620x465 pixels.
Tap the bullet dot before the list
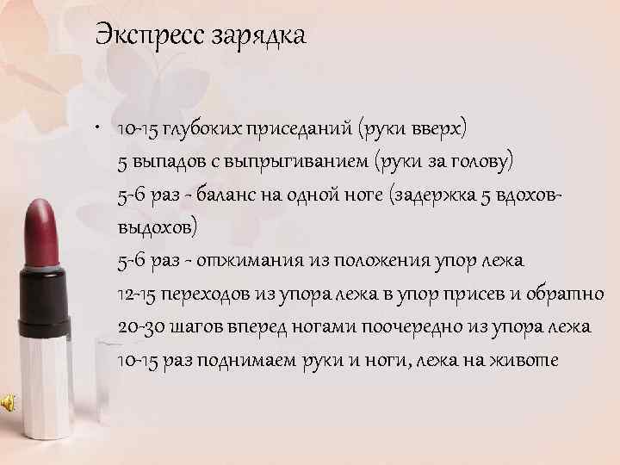pos(102,129)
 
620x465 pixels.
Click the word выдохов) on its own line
pos(157,228)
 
